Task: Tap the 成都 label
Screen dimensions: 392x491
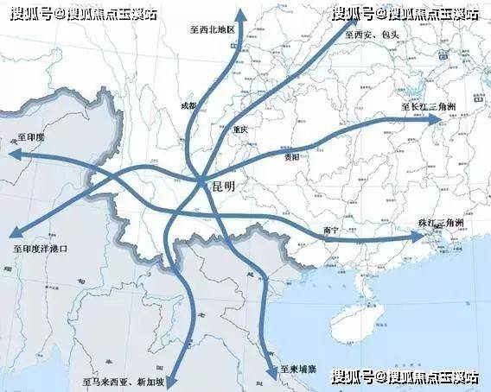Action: [188, 106]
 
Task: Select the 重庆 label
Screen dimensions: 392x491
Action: [240, 130]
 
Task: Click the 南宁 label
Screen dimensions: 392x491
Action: [329, 230]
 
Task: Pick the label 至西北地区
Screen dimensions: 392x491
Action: [212, 29]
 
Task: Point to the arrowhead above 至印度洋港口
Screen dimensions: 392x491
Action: [15, 231]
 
